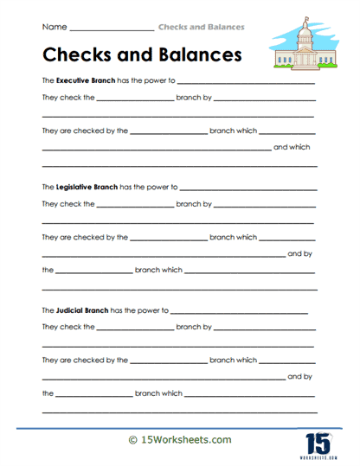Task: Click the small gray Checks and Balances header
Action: click(x=201, y=27)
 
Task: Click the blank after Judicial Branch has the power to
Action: click(x=239, y=311)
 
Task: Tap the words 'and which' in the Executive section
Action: click(x=292, y=147)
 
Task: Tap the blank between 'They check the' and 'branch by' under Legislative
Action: click(x=135, y=207)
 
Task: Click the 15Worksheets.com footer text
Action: click(x=186, y=439)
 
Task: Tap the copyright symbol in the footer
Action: click(x=132, y=439)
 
